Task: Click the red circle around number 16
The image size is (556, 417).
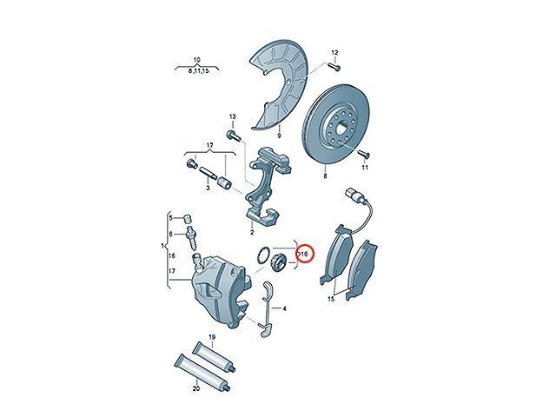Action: point(305,254)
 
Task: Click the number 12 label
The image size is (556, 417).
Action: point(334,53)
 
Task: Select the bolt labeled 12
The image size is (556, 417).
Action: point(334,66)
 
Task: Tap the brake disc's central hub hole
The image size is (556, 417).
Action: point(342,125)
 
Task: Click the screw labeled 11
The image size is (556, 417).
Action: point(364,154)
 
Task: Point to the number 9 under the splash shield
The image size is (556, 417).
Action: point(279,136)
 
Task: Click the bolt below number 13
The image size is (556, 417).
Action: point(233,136)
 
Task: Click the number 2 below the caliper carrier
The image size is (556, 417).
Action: point(252,233)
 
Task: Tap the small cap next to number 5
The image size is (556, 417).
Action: point(188,217)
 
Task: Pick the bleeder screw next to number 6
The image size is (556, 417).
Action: point(190,236)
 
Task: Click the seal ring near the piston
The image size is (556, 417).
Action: point(263,255)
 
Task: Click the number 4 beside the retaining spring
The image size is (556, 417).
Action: point(284,309)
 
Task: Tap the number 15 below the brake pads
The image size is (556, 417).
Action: point(331,299)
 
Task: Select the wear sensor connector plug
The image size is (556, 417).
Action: point(351,195)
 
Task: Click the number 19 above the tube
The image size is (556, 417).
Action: point(212,337)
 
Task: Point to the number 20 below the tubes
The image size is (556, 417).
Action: point(196,388)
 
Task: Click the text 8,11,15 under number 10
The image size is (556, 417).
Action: point(199,71)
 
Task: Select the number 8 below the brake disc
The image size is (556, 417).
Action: point(325,175)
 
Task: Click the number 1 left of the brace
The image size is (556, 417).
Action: point(162,245)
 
